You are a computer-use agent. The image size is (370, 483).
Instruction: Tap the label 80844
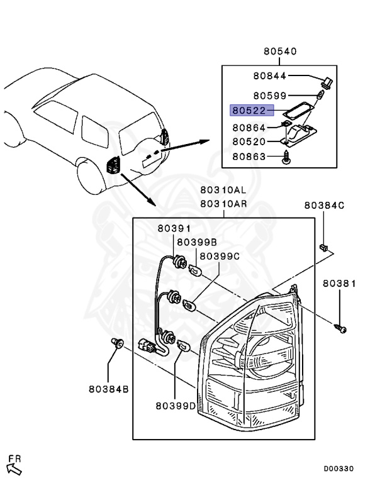pyautogui.click(x=270, y=76)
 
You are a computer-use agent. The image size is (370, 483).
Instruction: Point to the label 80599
pyautogui.click(x=270, y=96)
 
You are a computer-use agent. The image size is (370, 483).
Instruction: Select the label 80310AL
pyautogui.click(x=222, y=189)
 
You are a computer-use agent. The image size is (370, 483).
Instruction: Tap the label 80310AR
pyautogui.click(x=222, y=204)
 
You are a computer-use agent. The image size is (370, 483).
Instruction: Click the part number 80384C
pyautogui.click(x=325, y=205)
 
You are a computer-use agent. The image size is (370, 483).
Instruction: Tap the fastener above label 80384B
pyautogui.click(x=115, y=343)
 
